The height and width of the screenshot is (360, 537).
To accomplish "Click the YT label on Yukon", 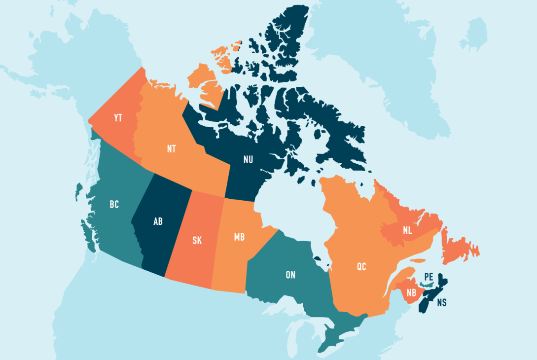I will pyautogui.click(x=117, y=118).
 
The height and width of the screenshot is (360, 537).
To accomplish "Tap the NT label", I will pyautogui.click(x=171, y=149).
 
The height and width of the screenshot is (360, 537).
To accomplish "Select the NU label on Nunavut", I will pyautogui.click(x=249, y=159).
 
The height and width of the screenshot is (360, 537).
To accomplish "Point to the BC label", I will pyautogui.click(x=114, y=204).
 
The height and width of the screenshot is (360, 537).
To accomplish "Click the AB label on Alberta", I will pyautogui.click(x=158, y=221).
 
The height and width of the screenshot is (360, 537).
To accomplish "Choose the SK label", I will pyautogui.click(x=197, y=241).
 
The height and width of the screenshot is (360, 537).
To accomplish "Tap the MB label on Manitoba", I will pyautogui.click(x=239, y=237).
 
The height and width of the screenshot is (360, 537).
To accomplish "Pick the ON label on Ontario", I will pyautogui.click(x=290, y=275).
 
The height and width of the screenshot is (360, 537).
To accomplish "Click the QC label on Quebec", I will pyautogui.click(x=361, y=267).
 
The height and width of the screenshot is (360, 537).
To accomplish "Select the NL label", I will pyautogui.click(x=407, y=230).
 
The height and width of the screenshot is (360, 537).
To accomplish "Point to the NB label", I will pyautogui.click(x=411, y=292).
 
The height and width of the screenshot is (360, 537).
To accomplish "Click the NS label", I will pyautogui.click(x=441, y=302).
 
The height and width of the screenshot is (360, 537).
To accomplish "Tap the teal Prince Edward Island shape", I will pyautogui.click(x=427, y=285).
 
